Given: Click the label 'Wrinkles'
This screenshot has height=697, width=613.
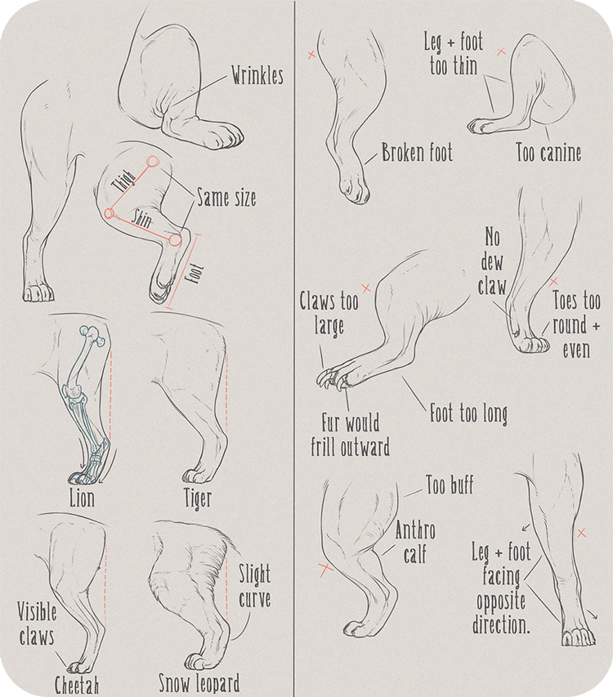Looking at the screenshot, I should pyautogui.click(x=257, y=76).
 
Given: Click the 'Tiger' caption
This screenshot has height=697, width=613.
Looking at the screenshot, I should pyautogui.click(x=198, y=497).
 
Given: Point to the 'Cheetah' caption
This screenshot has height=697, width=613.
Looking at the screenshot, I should pyautogui.click(x=77, y=684).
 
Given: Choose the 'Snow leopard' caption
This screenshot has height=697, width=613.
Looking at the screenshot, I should pyautogui.click(x=199, y=682).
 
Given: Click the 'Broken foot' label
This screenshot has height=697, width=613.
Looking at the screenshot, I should pyautogui.click(x=417, y=153).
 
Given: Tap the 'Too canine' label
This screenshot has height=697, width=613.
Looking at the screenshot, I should pyautogui.click(x=548, y=152).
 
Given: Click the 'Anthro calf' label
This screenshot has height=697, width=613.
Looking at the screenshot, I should pyautogui.click(x=415, y=543).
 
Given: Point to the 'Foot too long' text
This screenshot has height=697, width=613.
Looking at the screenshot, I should pyautogui.click(x=468, y=413).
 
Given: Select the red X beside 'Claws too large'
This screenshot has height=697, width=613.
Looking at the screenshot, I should pyautogui.click(x=366, y=287).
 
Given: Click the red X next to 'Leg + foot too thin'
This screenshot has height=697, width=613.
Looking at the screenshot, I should pyautogui.click(x=501, y=51).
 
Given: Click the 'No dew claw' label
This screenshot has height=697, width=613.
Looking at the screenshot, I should pyautogui.click(x=491, y=263).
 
